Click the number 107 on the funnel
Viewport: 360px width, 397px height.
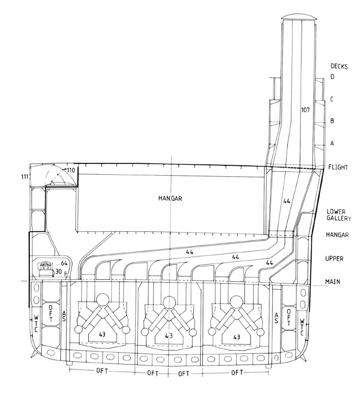click(x=306, y=110)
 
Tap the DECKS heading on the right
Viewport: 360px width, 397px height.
click(x=339, y=66)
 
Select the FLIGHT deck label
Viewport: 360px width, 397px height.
click(x=338, y=167)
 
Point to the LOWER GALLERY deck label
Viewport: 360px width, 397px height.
click(x=339, y=215)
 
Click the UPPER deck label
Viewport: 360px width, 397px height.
click(x=334, y=259)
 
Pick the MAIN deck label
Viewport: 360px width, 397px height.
click(x=333, y=282)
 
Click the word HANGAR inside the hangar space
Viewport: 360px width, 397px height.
click(x=170, y=198)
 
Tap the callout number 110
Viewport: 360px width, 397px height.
click(x=70, y=170)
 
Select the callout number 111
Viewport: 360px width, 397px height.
click(x=24, y=177)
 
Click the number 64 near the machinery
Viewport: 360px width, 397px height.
click(x=64, y=264)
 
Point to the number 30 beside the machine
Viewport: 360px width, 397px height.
click(x=58, y=272)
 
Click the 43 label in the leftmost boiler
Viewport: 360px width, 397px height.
click(x=102, y=335)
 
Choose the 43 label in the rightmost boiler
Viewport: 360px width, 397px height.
click(x=237, y=337)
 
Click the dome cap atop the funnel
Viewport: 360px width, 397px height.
click(x=299, y=17)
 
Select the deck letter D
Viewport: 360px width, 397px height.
click(x=332, y=77)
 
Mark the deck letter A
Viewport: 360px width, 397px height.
click(x=332, y=143)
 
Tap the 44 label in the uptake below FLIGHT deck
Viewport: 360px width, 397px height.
click(x=287, y=201)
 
